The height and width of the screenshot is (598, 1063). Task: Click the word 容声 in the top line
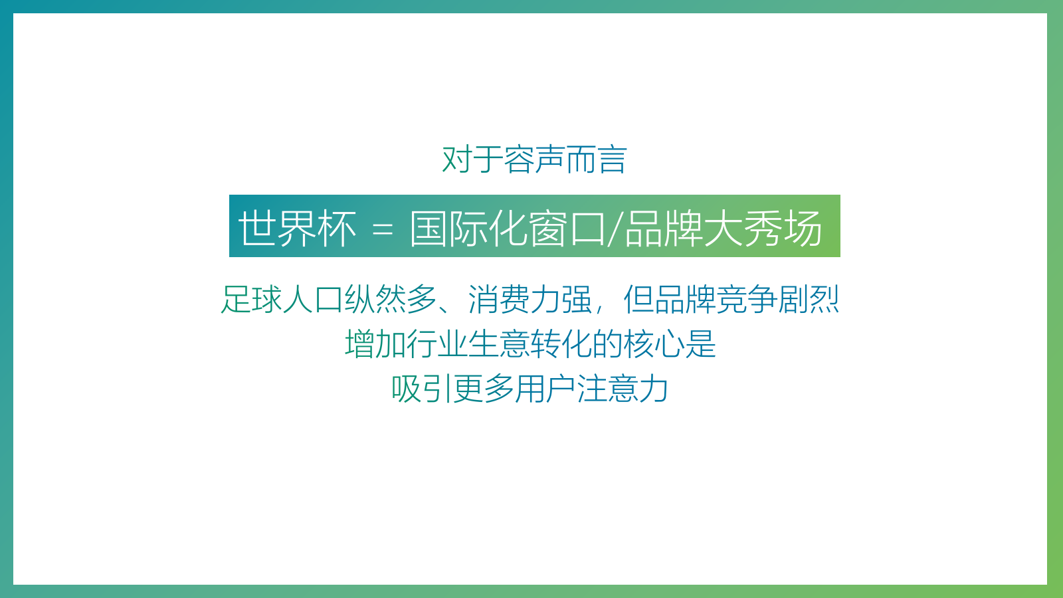[x=534, y=159]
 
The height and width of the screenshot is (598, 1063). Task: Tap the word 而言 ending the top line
[x=597, y=159]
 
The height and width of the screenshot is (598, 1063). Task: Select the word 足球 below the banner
[x=252, y=299]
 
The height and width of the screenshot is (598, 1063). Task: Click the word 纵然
[x=375, y=299]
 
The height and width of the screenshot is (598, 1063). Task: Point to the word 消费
[x=498, y=299]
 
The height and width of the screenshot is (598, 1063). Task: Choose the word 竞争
[x=746, y=299]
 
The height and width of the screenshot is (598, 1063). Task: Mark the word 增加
[x=375, y=344]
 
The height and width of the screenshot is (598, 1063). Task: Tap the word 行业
[x=437, y=344]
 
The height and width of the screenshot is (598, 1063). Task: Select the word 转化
[x=561, y=344]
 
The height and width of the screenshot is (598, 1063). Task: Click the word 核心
[x=654, y=344]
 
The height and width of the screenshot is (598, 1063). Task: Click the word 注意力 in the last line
[x=623, y=389]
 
